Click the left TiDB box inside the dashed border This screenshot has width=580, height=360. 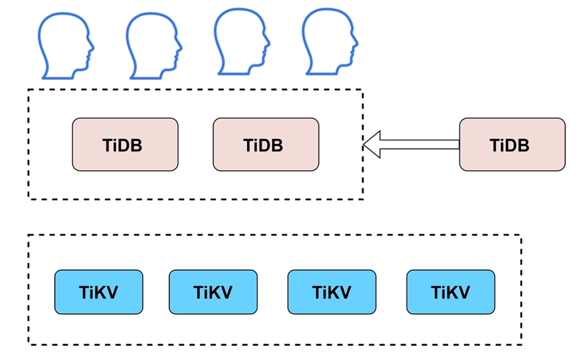[x=125, y=144]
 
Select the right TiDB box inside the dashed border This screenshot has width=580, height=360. [x=266, y=144]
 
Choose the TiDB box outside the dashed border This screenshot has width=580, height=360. [x=512, y=144]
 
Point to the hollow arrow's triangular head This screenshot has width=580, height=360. [x=372, y=144]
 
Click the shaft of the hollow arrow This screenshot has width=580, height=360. [x=419, y=144]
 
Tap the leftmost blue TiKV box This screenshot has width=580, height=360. [x=99, y=292]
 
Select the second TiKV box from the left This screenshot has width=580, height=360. [x=213, y=292]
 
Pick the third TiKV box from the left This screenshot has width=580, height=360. [x=331, y=292]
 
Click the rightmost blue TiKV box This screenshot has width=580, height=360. [x=450, y=292]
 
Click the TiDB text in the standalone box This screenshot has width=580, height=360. [x=510, y=145]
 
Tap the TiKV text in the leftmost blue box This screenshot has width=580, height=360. [x=99, y=292]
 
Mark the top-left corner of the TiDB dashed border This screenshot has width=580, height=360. [x=29, y=90]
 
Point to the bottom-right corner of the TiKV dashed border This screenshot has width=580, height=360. [x=521, y=344]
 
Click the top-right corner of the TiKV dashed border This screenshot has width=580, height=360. [x=521, y=235]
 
